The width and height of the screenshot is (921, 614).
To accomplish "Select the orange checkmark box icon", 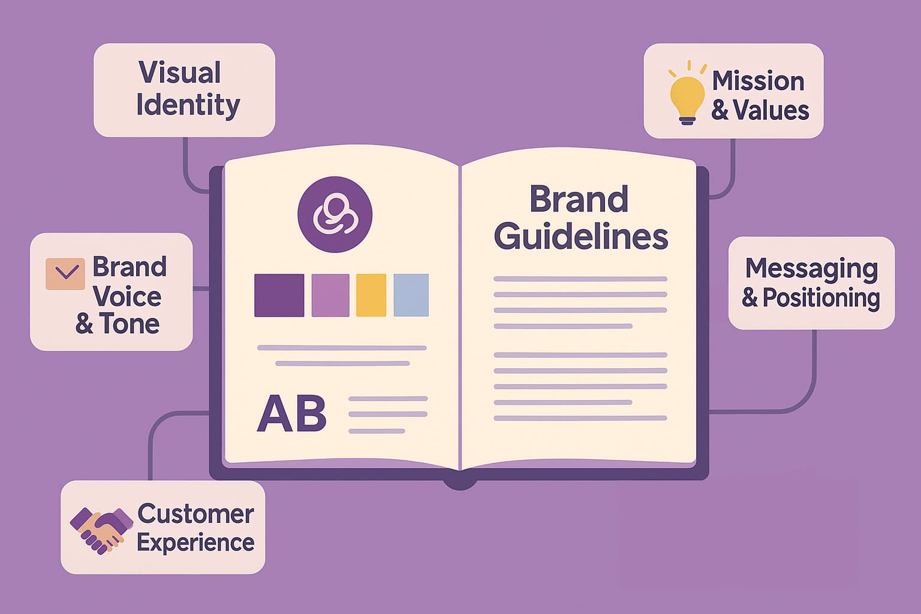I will click(65, 273).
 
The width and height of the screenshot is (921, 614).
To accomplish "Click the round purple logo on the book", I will click(335, 214).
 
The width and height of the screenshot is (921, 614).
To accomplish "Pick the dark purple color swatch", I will click(279, 295).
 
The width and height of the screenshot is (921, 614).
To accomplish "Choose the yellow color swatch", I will click(371, 295).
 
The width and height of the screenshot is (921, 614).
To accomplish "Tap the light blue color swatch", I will click(411, 295).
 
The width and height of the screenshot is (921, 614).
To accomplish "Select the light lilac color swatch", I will click(330, 295).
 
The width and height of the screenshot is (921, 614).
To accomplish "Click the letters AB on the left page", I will click(291, 414).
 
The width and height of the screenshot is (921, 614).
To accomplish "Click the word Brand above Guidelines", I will click(579, 199).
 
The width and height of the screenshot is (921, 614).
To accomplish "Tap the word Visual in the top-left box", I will click(180, 73).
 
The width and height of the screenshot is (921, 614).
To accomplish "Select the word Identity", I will click(188, 105).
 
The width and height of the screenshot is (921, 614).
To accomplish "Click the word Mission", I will click(758, 81).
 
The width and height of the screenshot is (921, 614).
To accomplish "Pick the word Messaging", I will click(811, 269).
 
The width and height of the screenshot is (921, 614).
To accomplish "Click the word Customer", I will click(195, 514).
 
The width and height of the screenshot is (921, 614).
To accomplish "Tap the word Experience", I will click(195, 543).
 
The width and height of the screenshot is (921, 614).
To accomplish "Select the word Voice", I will click(128, 296).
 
